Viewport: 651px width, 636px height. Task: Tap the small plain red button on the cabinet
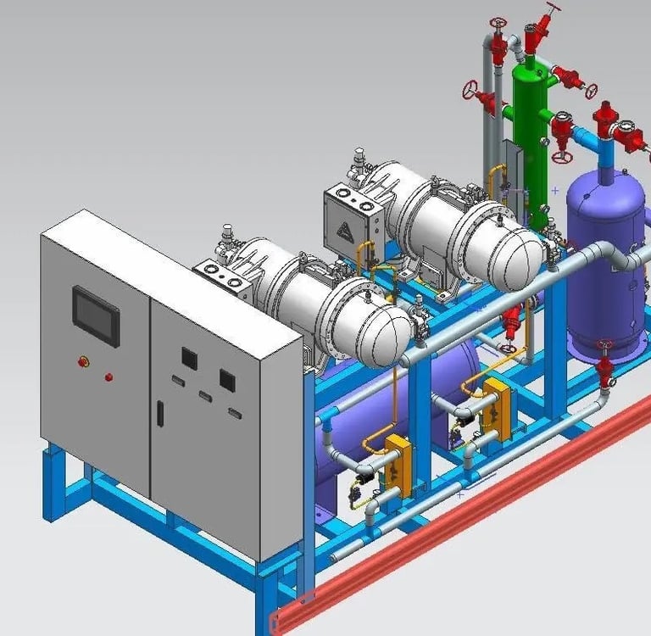point(108,377)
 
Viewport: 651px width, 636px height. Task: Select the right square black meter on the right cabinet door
point(227,378)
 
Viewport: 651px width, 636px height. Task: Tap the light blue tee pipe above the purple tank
point(604,149)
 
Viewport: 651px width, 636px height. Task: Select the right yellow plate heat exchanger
point(497,409)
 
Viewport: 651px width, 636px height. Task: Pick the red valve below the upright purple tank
point(604,370)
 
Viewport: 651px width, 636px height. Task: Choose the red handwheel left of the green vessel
point(470,87)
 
